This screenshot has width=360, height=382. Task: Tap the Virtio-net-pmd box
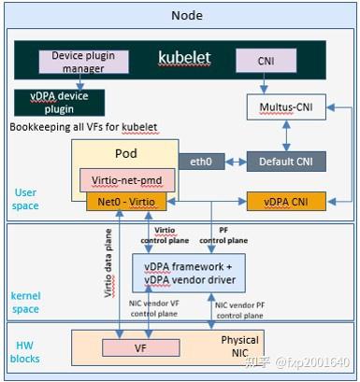pyautogui.click(x=123, y=177)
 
